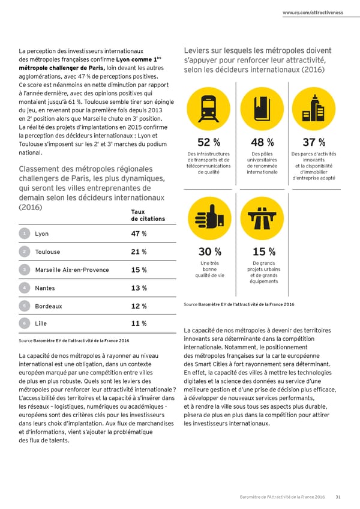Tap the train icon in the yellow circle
click(x=208, y=108)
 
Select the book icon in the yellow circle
click(x=262, y=108)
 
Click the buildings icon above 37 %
click(x=314, y=108)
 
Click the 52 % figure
click(x=208, y=142)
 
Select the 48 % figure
click(x=262, y=142)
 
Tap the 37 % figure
click(x=314, y=142)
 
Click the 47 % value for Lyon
click(x=139, y=234)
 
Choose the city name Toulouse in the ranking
click(x=48, y=252)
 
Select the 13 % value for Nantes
click(x=139, y=288)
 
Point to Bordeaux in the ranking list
click(x=49, y=306)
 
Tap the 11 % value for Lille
click(x=139, y=324)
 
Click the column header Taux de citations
click(x=146, y=215)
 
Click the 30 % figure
click(x=209, y=251)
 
